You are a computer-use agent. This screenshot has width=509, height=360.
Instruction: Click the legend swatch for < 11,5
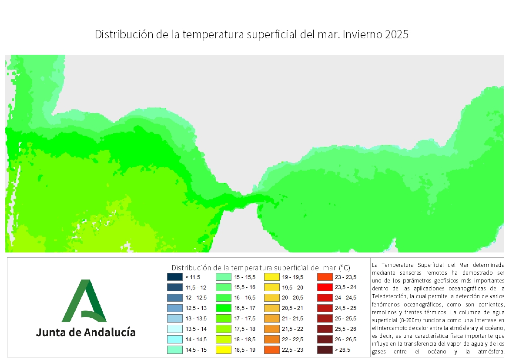point(174,277)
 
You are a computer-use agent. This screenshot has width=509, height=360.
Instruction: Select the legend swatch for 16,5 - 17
point(223,308)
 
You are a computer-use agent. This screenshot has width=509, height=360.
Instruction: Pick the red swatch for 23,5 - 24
point(325,287)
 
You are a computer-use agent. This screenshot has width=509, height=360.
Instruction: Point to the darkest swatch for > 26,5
point(325,350)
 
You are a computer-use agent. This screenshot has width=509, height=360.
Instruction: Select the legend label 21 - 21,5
point(293,319)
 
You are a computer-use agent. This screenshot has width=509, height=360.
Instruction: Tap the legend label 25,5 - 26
point(345,329)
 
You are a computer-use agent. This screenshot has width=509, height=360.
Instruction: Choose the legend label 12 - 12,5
point(196,298)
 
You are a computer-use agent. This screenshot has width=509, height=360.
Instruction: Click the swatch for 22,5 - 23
point(271,350)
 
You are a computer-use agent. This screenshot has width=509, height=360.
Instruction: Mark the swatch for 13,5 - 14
point(174,329)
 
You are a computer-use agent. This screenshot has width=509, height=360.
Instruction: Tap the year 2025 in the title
point(397,35)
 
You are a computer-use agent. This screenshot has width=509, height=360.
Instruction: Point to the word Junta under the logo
point(50,333)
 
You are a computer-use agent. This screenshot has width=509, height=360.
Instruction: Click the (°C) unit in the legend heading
point(344,267)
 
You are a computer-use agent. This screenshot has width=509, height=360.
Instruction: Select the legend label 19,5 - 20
point(293,287)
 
